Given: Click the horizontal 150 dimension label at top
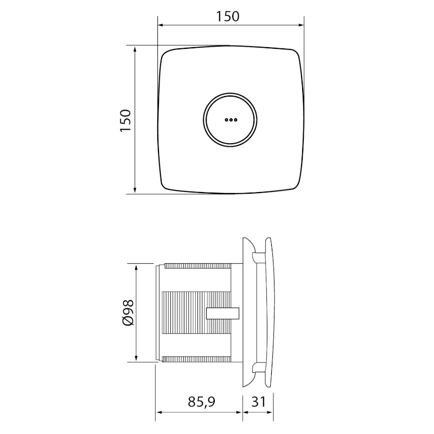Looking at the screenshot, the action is click(227, 16).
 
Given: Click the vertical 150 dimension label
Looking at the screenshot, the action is click(125, 120).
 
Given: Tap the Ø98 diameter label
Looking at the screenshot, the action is click(128, 312).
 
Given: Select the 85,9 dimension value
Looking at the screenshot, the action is click(201, 402).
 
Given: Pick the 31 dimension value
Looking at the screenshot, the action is click(258, 402).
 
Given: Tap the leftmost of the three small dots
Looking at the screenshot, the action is click(226, 120).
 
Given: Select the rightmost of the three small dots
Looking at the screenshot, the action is click(235, 120).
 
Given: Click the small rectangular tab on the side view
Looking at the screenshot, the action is click(223, 314).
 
